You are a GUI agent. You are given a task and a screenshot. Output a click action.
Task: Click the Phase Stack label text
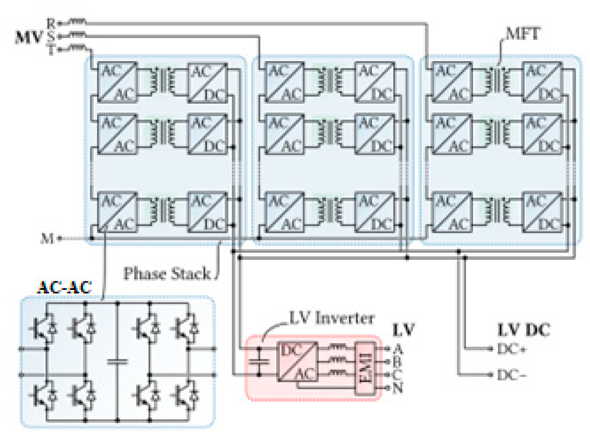click(x=167, y=274)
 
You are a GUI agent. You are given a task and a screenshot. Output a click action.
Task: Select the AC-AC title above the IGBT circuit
click(x=64, y=287)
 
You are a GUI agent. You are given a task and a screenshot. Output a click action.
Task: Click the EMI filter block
click(x=365, y=368)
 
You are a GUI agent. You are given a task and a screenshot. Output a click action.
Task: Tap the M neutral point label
click(x=47, y=238)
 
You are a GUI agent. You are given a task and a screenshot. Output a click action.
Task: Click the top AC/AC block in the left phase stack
click(x=117, y=82)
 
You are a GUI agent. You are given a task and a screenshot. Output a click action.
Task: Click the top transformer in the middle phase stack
click(x=330, y=81)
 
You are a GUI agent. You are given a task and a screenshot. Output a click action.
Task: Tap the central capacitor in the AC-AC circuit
click(x=118, y=362)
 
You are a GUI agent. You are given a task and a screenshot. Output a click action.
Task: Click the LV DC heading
click(x=524, y=330)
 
